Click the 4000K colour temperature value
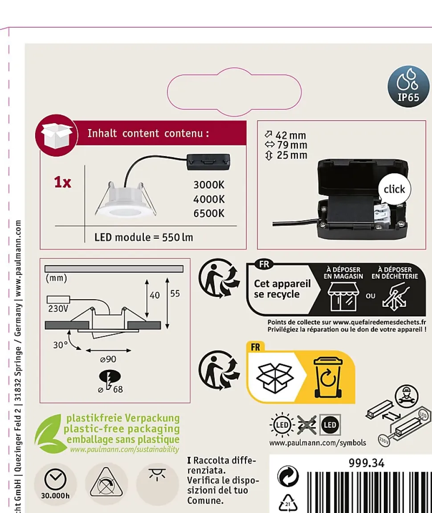tap(209, 199)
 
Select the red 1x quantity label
tap(62, 182)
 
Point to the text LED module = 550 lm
tap(144, 237)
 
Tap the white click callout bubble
tap(394, 189)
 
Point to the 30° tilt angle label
tap(60, 345)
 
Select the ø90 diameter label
tap(108, 359)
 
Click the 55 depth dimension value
tap(175, 294)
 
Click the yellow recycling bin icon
tap(329, 377)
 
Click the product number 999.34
tap(366, 463)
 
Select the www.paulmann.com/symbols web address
tap(318, 443)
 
